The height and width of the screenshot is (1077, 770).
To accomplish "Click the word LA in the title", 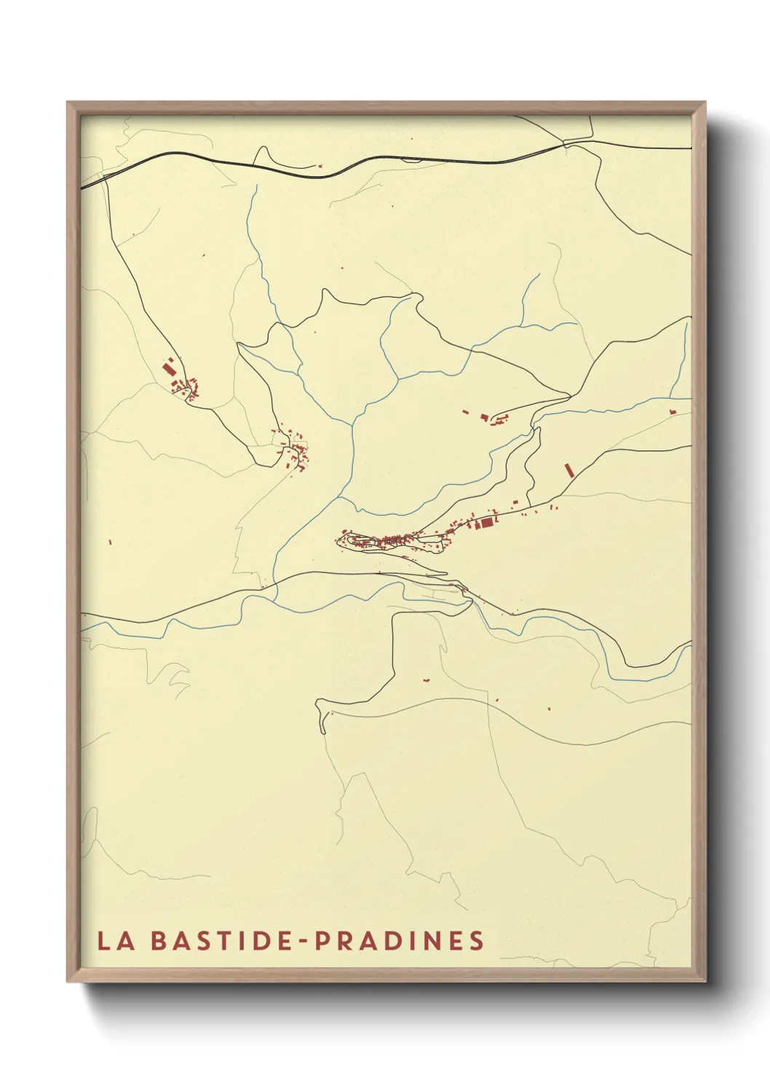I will [x=116, y=941].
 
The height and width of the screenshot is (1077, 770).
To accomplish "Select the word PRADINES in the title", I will [x=399, y=941].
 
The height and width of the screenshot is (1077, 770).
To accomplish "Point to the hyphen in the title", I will [x=302, y=942].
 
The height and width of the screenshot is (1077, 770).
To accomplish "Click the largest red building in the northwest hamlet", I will [x=170, y=370].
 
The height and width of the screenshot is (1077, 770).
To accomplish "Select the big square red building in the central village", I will [x=487, y=522].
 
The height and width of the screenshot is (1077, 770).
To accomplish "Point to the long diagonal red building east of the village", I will [x=568, y=470].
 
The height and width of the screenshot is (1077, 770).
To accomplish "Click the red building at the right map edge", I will [x=672, y=413].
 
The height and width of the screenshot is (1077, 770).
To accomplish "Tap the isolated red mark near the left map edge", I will [x=109, y=541].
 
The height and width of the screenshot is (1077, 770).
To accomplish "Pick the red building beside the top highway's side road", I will [x=319, y=166].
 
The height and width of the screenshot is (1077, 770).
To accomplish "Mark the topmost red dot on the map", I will [x=411, y=138].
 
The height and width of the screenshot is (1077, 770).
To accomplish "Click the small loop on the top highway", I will [x=412, y=159].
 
